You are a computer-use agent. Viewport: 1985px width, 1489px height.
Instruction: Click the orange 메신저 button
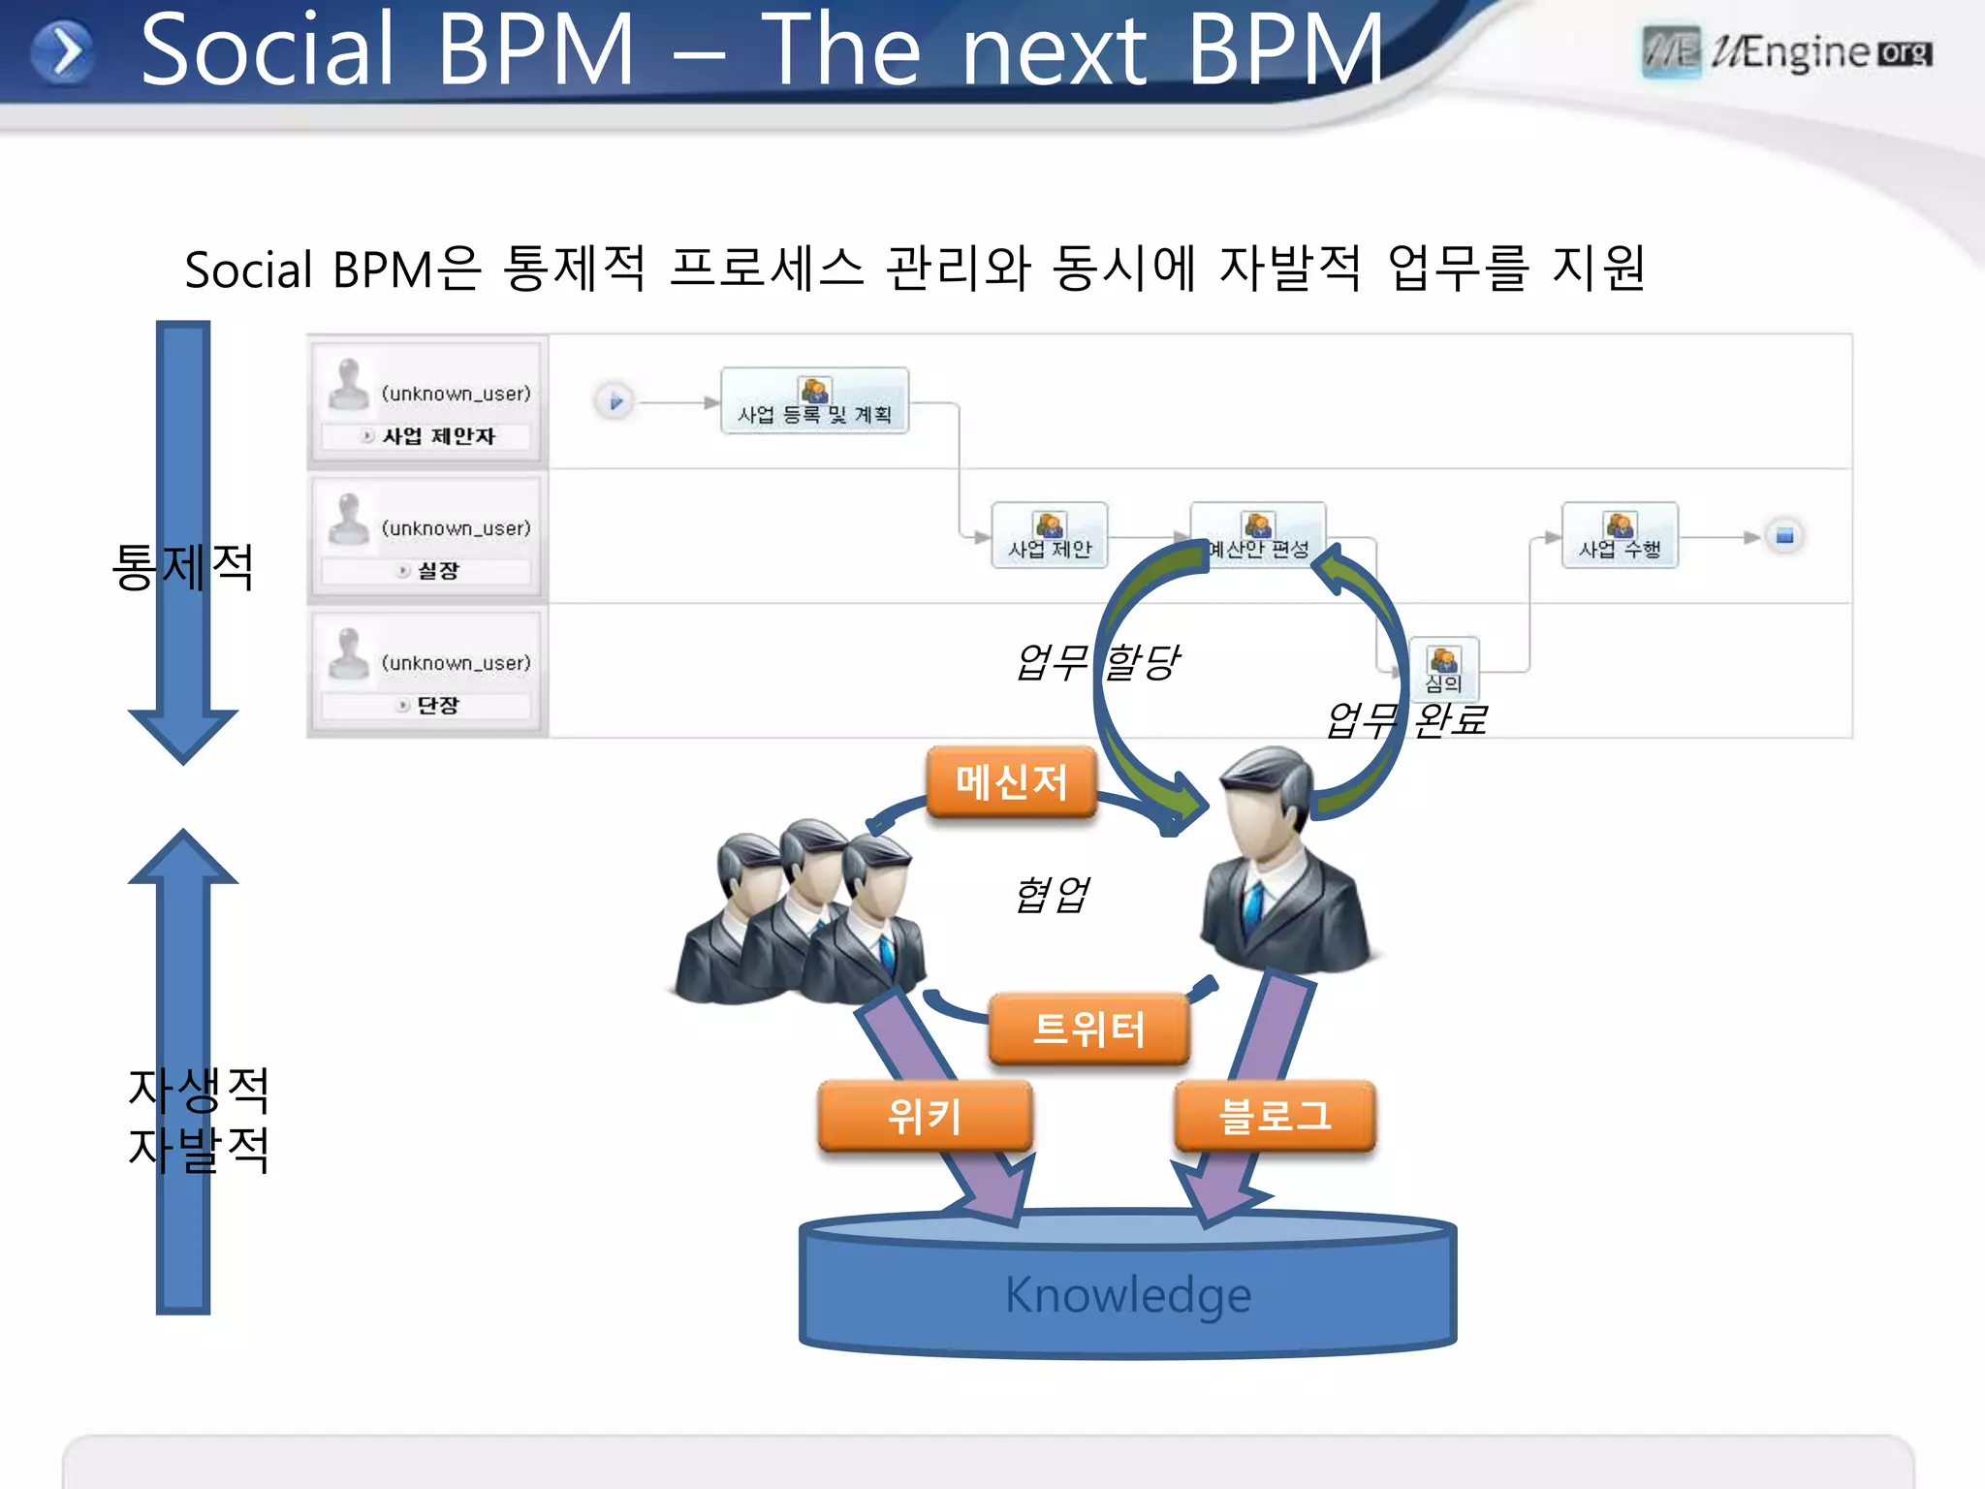(1011, 781)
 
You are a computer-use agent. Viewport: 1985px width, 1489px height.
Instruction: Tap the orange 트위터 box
(1088, 1029)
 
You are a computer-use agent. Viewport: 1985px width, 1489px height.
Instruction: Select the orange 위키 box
(925, 1116)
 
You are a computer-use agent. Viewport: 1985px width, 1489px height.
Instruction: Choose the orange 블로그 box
(1275, 1116)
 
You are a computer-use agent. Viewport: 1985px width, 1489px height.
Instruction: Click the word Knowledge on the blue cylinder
(1128, 1294)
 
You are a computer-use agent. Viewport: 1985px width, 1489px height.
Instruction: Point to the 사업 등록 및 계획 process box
(814, 401)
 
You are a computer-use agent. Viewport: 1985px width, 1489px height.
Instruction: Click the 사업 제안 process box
(1050, 536)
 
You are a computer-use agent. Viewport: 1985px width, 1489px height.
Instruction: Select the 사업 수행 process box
(1620, 536)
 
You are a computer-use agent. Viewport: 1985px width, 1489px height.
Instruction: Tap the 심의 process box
(1443, 669)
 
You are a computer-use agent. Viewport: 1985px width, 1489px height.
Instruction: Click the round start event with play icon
(614, 401)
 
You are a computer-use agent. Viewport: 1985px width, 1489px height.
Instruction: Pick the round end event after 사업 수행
(1784, 536)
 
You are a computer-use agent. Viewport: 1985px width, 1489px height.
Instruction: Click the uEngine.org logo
(1787, 52)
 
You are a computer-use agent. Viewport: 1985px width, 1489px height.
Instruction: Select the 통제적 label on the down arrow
(183, 566)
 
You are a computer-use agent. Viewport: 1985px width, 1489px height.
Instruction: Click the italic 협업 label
(1052, 894)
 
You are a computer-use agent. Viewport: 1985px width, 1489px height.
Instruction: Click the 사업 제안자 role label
(438, 436)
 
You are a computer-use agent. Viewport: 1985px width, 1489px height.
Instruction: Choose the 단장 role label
(437, 706)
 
